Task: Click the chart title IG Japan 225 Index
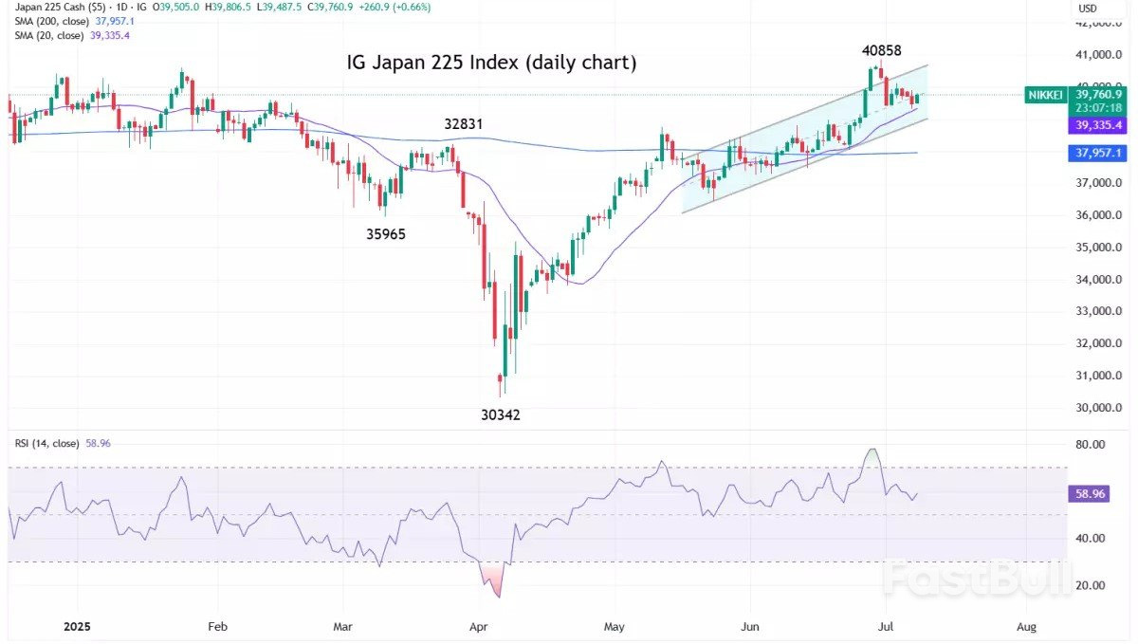(489, 64)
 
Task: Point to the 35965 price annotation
(386, 233)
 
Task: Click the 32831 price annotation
(464, 124)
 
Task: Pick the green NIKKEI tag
(1046, 95)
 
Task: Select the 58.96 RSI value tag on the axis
(1087, 494)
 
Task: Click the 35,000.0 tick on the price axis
(1099, 248)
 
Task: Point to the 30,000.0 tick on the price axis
(1099, 408)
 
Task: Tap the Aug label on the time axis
(1025, 627)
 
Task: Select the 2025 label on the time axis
(79, 627)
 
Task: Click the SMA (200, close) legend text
(51, 21)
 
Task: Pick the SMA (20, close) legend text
(48, 35)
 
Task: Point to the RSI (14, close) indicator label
(46, 443)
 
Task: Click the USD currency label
(1088, 9)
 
